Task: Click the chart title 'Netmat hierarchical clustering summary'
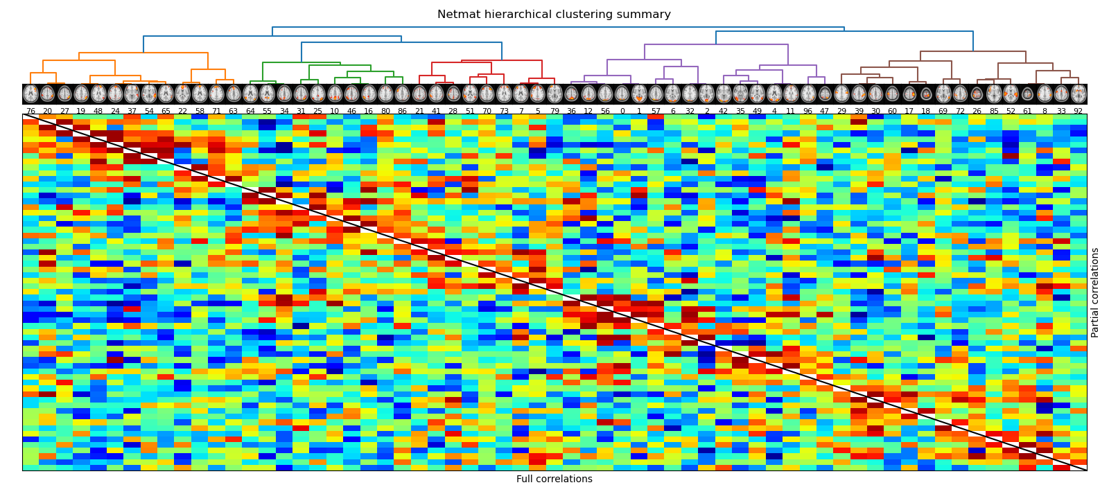click(x=554, y=15)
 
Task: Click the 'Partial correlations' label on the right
click(x=1095, y=292)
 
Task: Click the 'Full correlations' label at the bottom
click(x=554, y=479)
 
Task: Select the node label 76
click(x=30, y=111)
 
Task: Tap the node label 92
click(x=1078, y=111)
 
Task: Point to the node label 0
click(x=622, y=111)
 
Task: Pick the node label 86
click(x=402, y=111)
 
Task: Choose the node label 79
click(x=554, y=111)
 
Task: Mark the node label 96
click(x=807, y=111)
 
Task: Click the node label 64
click(x=250, y=111)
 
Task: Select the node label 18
click(x=926, y=111)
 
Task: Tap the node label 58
click(x=200, y=111)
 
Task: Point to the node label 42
click(x=724, y=111)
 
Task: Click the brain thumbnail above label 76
click(x=30, y=94)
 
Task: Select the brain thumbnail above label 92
click(x=1079, y=94)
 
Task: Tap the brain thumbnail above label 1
click(x=639, y=94)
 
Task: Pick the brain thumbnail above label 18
click(x=926, y=94)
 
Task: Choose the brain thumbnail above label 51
click(x=470, y=94)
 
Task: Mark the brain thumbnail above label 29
click(x=841, y=94)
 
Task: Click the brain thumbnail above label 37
click(x=132, y=94)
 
